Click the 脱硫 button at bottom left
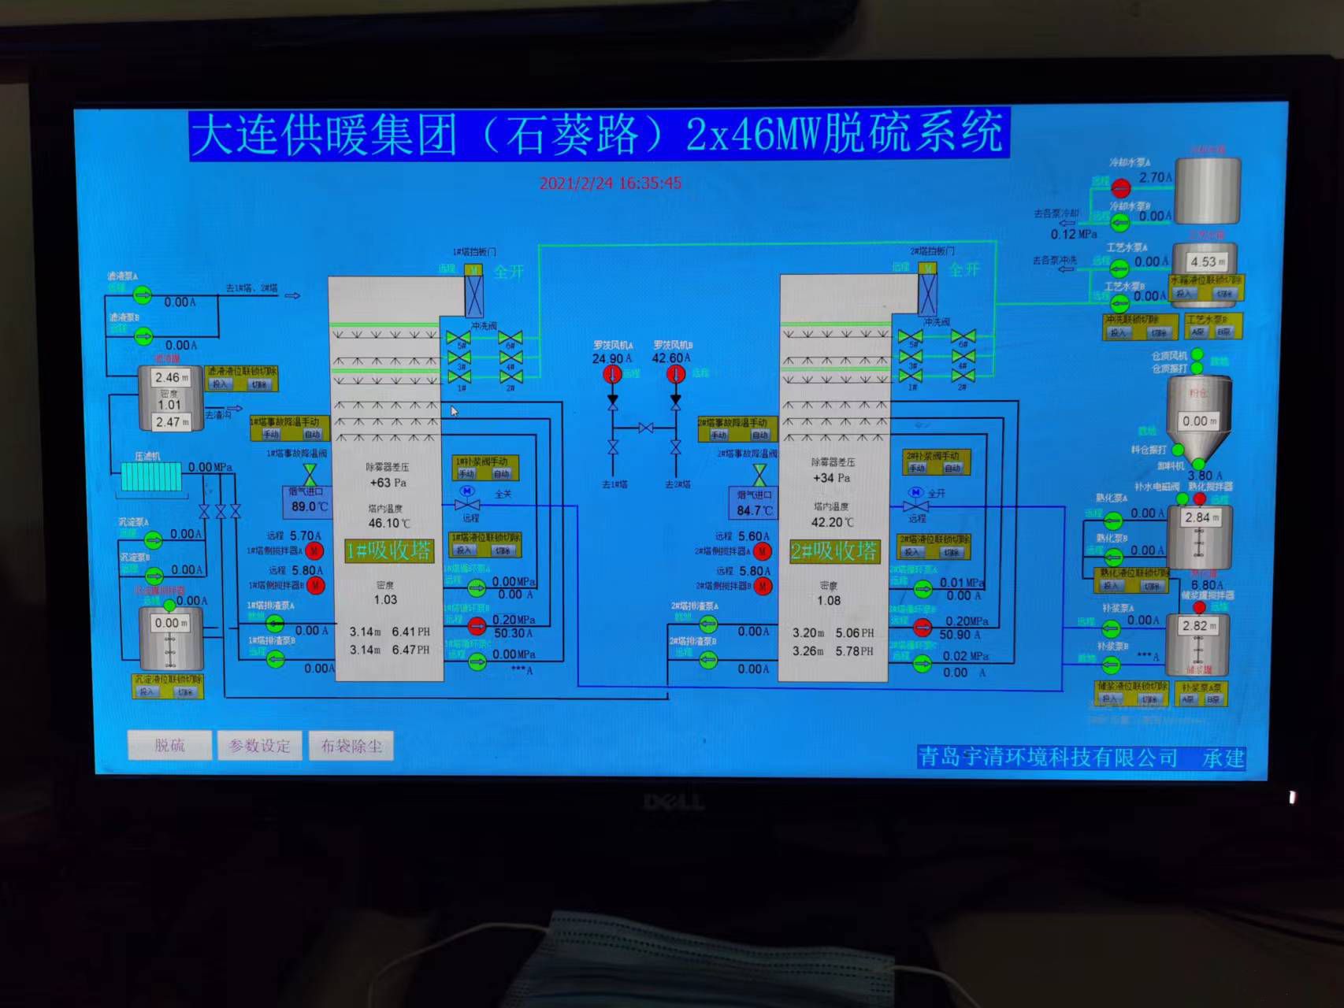[x=169, y=746]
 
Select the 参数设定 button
[x=259, y=746]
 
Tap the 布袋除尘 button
[x=351, y=746]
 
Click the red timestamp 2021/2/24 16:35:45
[x=611, y=183]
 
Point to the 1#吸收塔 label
[x=389, y=550]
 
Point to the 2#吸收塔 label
[x=834, y=551]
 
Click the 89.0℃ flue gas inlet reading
[x=309, y=506]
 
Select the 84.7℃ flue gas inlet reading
[x=755, y=510]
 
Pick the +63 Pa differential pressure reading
[x=388, y=483]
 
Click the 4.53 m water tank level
[x=1207, y=261]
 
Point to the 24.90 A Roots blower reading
[x=611, y=359]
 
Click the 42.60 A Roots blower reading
[x=670, y=358]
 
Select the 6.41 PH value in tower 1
[x=410, y=632]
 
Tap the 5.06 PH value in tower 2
[x=854, y=632]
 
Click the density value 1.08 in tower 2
[x=829, y=601]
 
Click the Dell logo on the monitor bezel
[x=673, y=802]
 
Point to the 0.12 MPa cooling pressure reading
[x=1073, y=234]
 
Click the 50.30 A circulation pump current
[x=513, y=633]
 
